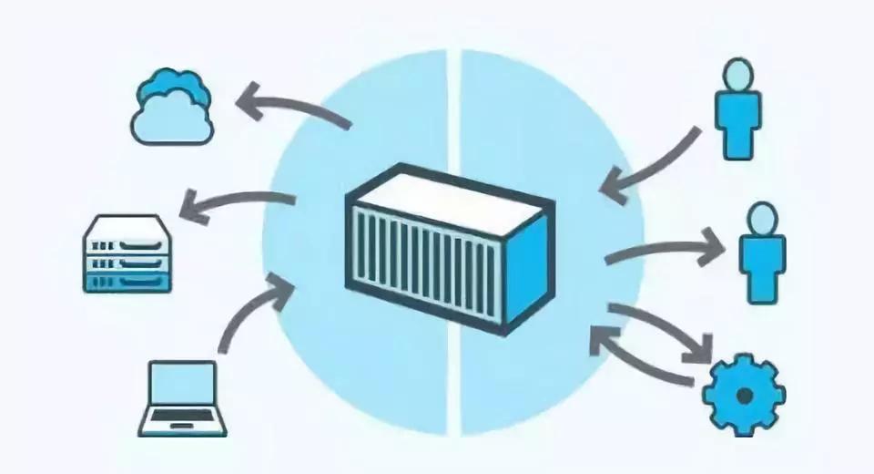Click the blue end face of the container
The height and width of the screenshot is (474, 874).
tap(526, 264)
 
